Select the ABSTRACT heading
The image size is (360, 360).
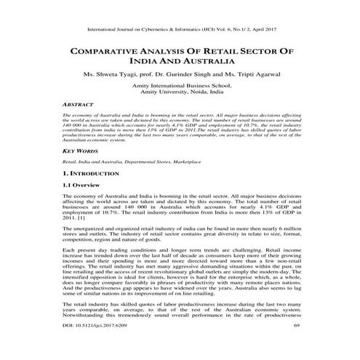(79, 104)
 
